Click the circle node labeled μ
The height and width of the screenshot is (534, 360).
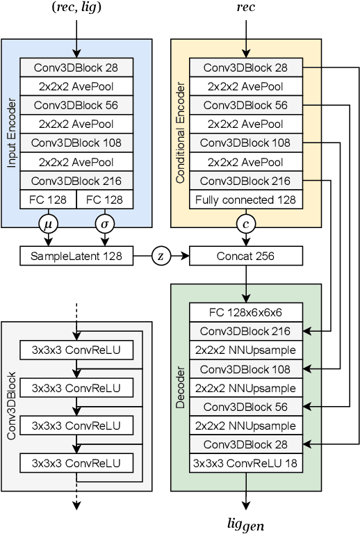48,224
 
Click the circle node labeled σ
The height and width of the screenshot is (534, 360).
105,224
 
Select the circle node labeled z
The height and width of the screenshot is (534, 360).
161,256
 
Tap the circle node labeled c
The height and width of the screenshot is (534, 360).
246,224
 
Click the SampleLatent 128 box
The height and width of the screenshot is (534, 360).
76,256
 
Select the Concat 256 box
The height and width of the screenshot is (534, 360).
246,256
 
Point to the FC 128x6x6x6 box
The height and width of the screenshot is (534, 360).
246,311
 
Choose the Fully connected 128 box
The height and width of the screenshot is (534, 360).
246,200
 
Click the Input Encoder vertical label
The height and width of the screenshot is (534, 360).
12,133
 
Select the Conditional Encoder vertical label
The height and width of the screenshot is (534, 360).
181,133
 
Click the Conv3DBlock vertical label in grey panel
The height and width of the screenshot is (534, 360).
12,407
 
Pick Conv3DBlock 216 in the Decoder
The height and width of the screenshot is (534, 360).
246,331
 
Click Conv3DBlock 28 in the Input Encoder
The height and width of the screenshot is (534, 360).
76,67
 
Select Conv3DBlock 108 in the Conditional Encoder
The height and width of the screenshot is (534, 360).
246,143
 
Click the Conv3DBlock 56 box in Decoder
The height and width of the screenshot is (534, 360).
246,407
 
